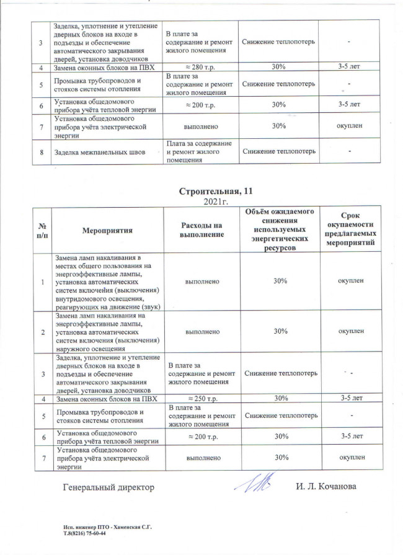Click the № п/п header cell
pos(42,230)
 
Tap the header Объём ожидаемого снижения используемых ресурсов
pos(279,230)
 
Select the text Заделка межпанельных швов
pos(91,151)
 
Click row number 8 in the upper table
pos(42,151)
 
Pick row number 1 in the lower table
pos(42,282)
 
